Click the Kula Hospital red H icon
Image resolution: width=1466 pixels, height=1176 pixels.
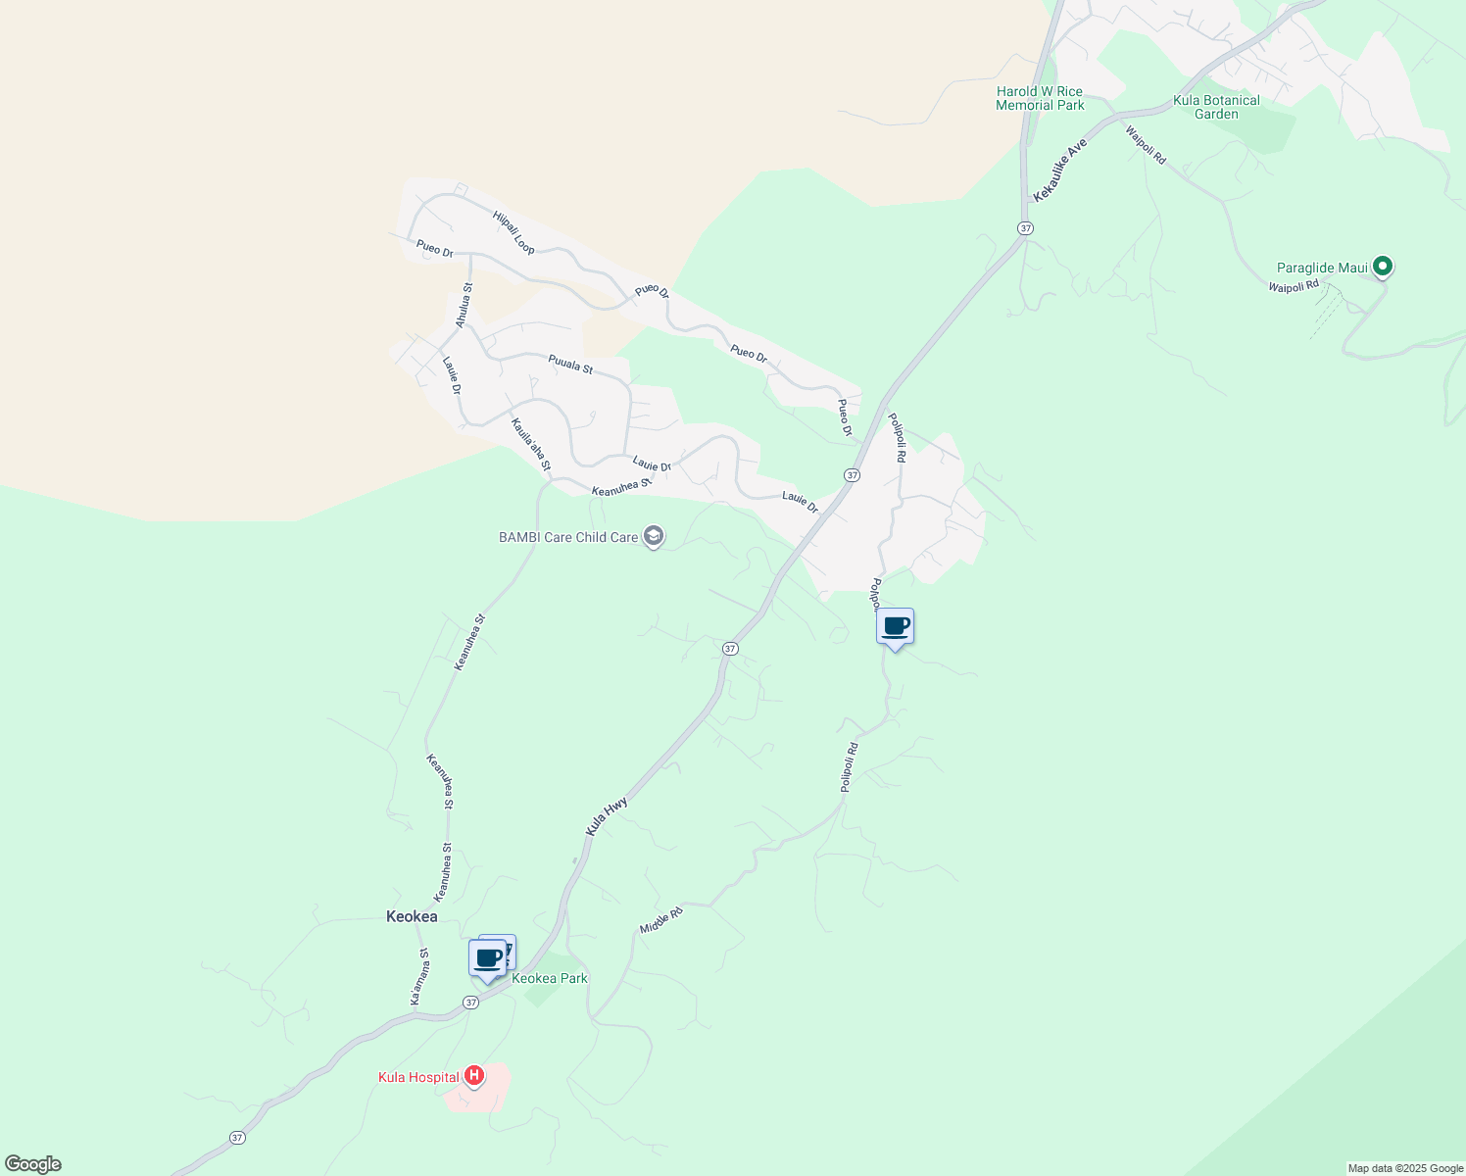[474, 1076]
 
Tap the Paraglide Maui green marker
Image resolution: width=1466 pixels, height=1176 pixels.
[1383, 266]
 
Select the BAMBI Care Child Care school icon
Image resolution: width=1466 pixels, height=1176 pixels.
[654, 536]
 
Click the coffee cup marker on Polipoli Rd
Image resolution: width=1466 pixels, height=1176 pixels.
[895, 626]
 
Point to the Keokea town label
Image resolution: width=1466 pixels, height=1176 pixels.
[412, 916]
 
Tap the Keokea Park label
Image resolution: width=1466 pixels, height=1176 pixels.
[550, 978]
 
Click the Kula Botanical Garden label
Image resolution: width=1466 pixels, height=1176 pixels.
[1216, 107]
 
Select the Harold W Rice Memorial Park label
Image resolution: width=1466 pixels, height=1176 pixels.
[1040, 98]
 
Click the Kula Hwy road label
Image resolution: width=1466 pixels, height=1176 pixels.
[607, 816]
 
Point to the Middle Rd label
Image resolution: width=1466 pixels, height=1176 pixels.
[660, 920]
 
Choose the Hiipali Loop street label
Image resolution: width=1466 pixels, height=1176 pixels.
[513, 232]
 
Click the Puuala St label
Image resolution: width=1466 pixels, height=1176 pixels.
[570, 365]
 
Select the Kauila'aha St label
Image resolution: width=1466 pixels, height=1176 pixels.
[531, 444]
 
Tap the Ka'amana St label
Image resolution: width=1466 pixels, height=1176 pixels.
[419, 976]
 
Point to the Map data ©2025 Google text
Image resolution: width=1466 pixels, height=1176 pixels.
[1405, 1168]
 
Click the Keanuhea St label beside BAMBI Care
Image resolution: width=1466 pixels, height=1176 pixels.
[621, 486]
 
